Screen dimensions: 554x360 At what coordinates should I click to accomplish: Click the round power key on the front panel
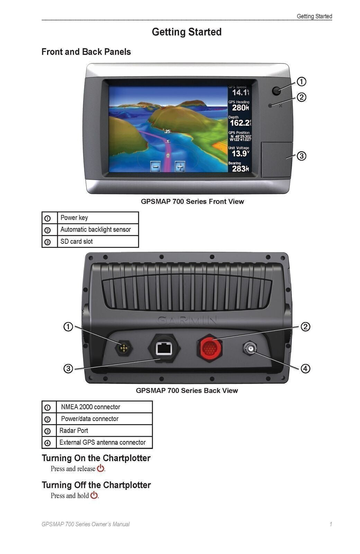pos(276,91)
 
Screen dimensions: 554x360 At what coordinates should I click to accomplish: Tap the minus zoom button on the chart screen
pos(155,167)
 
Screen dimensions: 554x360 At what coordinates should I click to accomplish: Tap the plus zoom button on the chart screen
pos(180,167)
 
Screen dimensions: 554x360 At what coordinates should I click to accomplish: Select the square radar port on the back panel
pos(164,348)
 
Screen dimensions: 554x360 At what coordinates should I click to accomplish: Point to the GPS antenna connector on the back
pos(250,348)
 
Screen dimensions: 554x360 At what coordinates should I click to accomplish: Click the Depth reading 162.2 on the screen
pos(240,123)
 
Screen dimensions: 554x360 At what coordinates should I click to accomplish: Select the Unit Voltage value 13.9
pos(239,153)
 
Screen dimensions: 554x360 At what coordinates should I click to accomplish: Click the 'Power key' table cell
pos(98,218)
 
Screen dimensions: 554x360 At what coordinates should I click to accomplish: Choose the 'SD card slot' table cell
pos(98,242)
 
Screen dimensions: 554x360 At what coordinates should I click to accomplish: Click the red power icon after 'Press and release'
pos(100,468)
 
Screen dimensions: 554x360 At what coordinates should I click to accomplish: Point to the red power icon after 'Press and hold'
pos(94,495)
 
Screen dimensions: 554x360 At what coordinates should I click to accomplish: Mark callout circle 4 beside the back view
pos(305,368)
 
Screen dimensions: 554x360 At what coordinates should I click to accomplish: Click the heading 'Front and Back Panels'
pos(86,52)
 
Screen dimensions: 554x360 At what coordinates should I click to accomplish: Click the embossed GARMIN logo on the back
pos(187,320)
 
